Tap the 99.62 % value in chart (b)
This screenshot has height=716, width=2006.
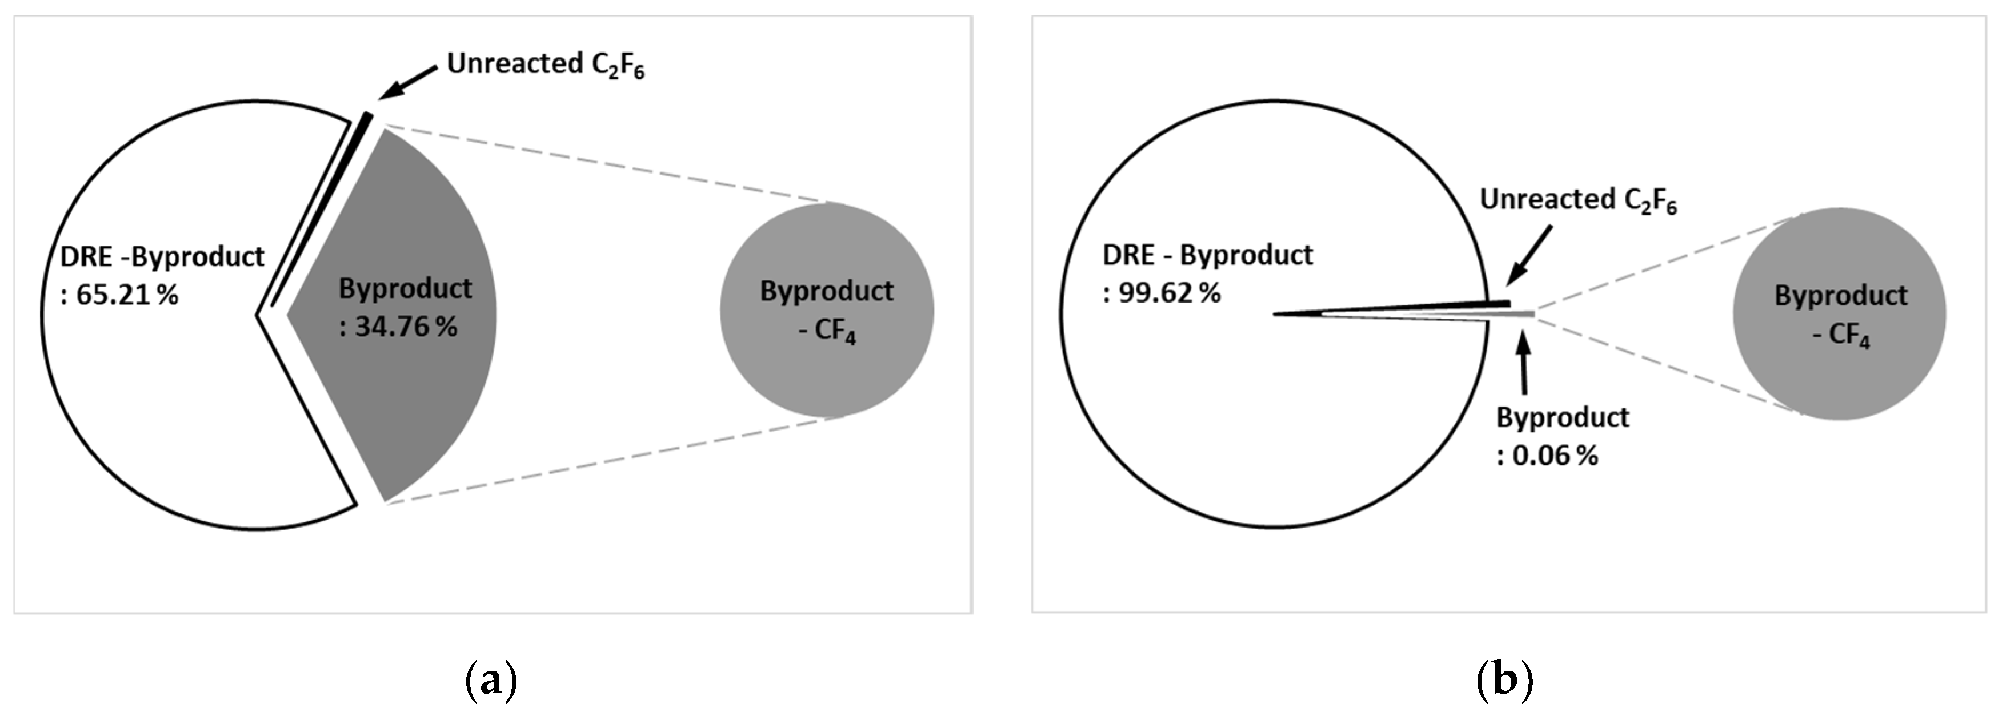[1168, 293]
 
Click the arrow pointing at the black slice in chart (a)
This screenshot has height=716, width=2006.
[409, 82]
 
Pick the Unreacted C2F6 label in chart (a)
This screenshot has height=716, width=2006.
[545, 65]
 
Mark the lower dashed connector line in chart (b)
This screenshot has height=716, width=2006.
[1667, 367]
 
